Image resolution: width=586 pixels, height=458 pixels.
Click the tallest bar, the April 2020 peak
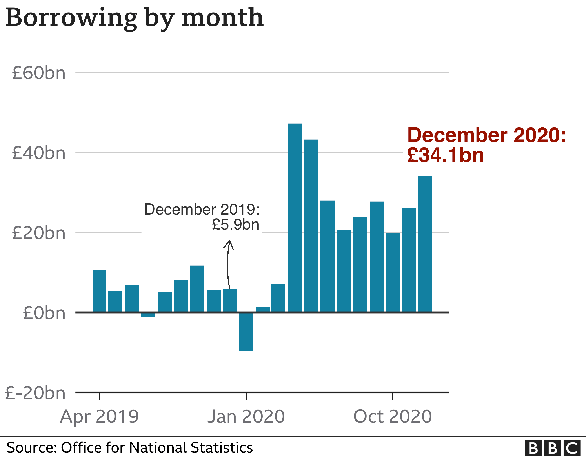click(295, 217)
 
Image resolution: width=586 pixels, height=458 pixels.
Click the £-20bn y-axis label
click(35, 393)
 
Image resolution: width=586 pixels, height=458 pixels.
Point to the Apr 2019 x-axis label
click(99, 417)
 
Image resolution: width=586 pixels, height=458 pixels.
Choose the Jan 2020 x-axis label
click(246, 417)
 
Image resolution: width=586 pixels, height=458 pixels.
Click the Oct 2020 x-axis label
click(393, 417)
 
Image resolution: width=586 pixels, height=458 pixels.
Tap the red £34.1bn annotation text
click(445, 156)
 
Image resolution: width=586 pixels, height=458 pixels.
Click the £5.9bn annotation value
click(236, 224)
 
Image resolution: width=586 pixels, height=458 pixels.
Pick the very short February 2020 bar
click(263, 310)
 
